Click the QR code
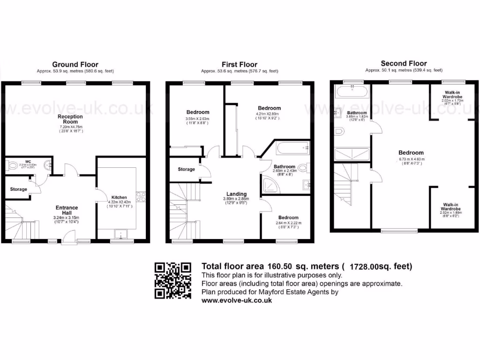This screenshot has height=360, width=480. click(173, 281)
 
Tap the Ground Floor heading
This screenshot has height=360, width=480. click(75, 65)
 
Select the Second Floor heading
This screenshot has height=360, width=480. click(404, 64)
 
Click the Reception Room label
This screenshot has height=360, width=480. click(70, 119)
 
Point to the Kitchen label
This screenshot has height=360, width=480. click(119, 197)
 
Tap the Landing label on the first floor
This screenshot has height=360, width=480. click(237, 194)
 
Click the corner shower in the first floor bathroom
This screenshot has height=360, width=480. click(270, 186)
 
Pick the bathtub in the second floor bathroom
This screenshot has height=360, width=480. click(351, 90)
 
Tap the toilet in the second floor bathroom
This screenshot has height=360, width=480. click(340, 133)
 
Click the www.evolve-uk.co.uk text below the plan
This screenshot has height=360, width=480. click(237, 301)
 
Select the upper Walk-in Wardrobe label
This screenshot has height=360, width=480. click(452, 94)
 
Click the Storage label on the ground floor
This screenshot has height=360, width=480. click(18, 189)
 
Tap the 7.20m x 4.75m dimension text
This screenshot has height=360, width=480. click(70, 127)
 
